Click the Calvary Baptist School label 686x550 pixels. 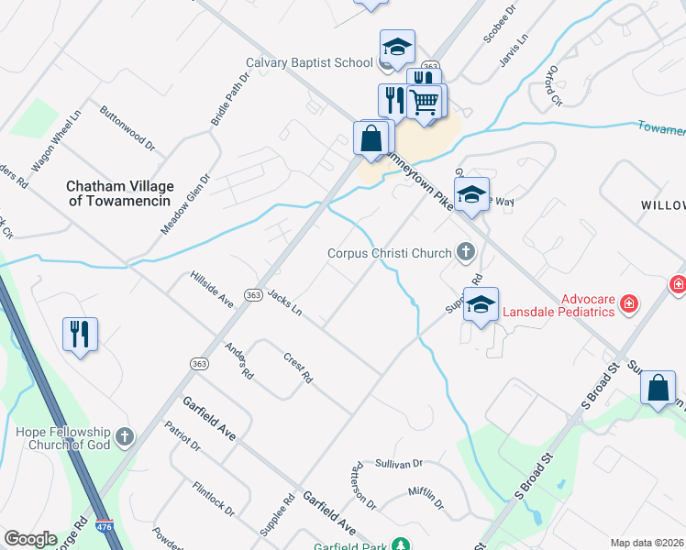tap(309, 63)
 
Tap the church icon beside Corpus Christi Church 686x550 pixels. tap(466, 252)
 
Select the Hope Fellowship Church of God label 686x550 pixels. tap(61, 438)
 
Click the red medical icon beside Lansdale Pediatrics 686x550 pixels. tap(629, 303)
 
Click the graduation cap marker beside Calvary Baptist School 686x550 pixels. tap(397, 47)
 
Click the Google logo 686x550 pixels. tap(30, 539)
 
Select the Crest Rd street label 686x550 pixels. tap(298, 367)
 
